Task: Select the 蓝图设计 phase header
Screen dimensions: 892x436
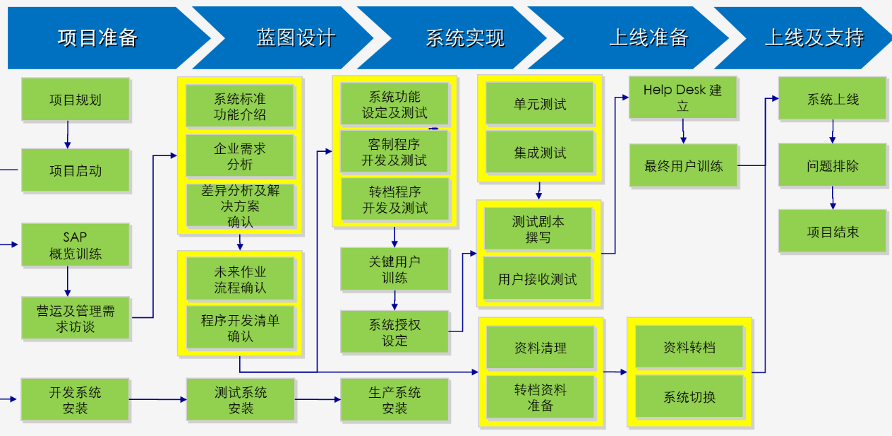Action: click(295, 38)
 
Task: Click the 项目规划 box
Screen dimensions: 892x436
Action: click(76, 100)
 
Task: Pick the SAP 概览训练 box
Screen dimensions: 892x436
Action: click(76, 245)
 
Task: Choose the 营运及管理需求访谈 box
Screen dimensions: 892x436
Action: click(76, 318)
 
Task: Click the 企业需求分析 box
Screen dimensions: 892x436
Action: click(240, 155)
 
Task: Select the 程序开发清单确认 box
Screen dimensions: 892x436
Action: click(240, 327)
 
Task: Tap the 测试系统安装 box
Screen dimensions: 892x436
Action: click(241, 400)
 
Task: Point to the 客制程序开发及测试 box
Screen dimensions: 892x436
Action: click(394, 152)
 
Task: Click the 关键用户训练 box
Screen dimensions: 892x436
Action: click(394, 269)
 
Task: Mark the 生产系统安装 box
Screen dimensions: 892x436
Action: click(394, 400)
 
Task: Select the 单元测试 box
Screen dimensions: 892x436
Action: click(540, 104)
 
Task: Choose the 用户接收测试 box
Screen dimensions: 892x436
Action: click(537, 278)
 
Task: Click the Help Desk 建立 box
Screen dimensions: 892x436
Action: click(683, 98)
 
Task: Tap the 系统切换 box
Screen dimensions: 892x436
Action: click(689, 396)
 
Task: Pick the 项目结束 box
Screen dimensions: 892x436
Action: click(833, 231)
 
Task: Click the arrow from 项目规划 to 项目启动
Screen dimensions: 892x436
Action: click(68, 135)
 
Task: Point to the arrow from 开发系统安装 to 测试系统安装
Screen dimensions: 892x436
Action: click(158, 399)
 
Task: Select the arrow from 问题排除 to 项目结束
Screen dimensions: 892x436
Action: click(833, 198)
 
